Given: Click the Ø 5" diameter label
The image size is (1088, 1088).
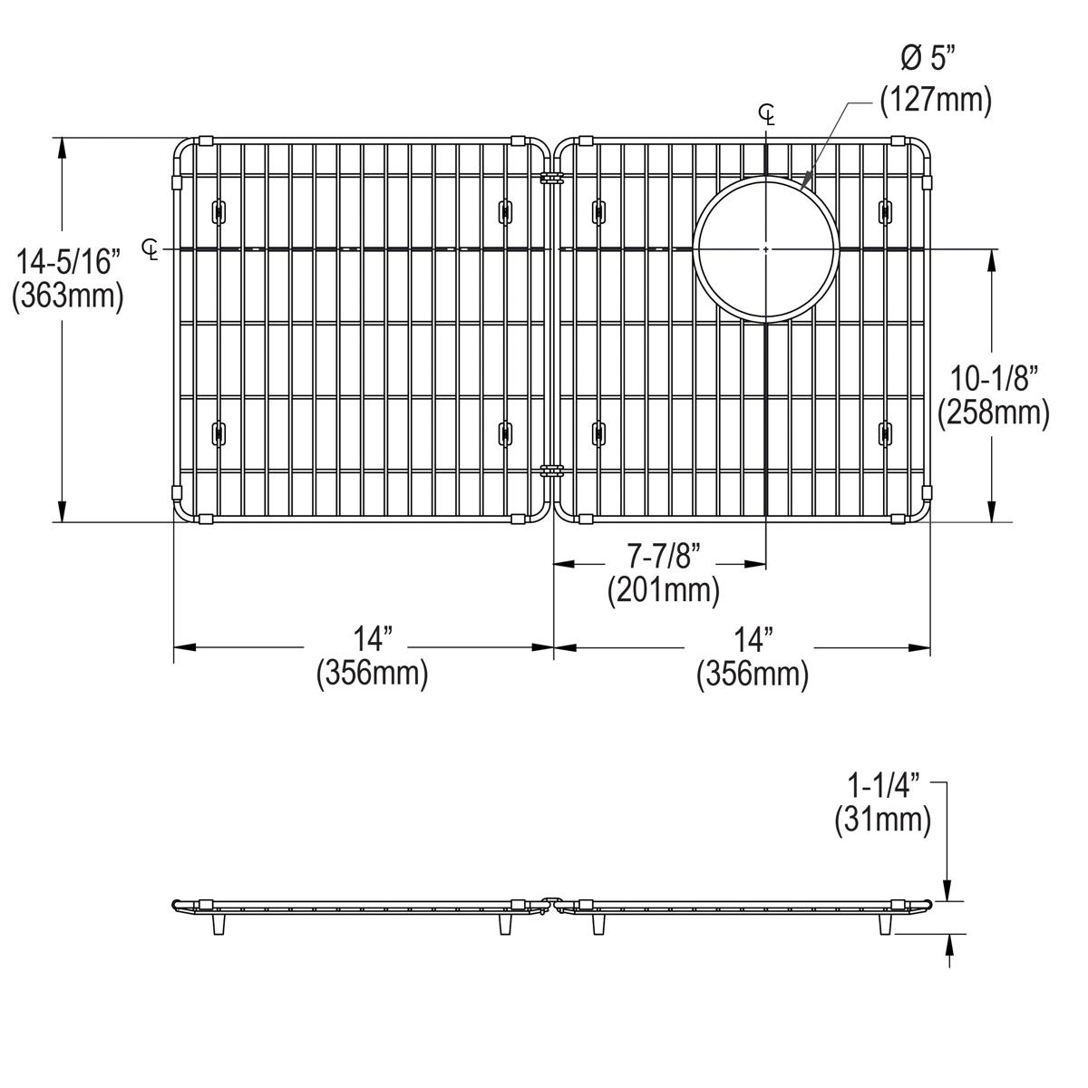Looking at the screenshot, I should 928,61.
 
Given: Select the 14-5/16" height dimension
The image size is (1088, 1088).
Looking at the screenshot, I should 68,263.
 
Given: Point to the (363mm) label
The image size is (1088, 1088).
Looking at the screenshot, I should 68,296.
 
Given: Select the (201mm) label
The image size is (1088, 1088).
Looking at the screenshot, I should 663,591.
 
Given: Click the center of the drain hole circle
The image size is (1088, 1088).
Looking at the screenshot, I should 766,248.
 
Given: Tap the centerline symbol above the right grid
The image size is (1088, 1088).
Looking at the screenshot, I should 767,114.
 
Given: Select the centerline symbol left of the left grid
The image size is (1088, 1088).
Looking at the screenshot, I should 151,248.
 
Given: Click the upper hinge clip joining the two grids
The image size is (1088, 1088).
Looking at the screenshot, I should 549,178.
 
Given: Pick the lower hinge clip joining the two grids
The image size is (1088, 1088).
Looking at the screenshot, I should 549,471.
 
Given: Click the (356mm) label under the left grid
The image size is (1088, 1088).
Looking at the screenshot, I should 372,675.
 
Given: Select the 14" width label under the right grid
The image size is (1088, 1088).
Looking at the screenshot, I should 751,640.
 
